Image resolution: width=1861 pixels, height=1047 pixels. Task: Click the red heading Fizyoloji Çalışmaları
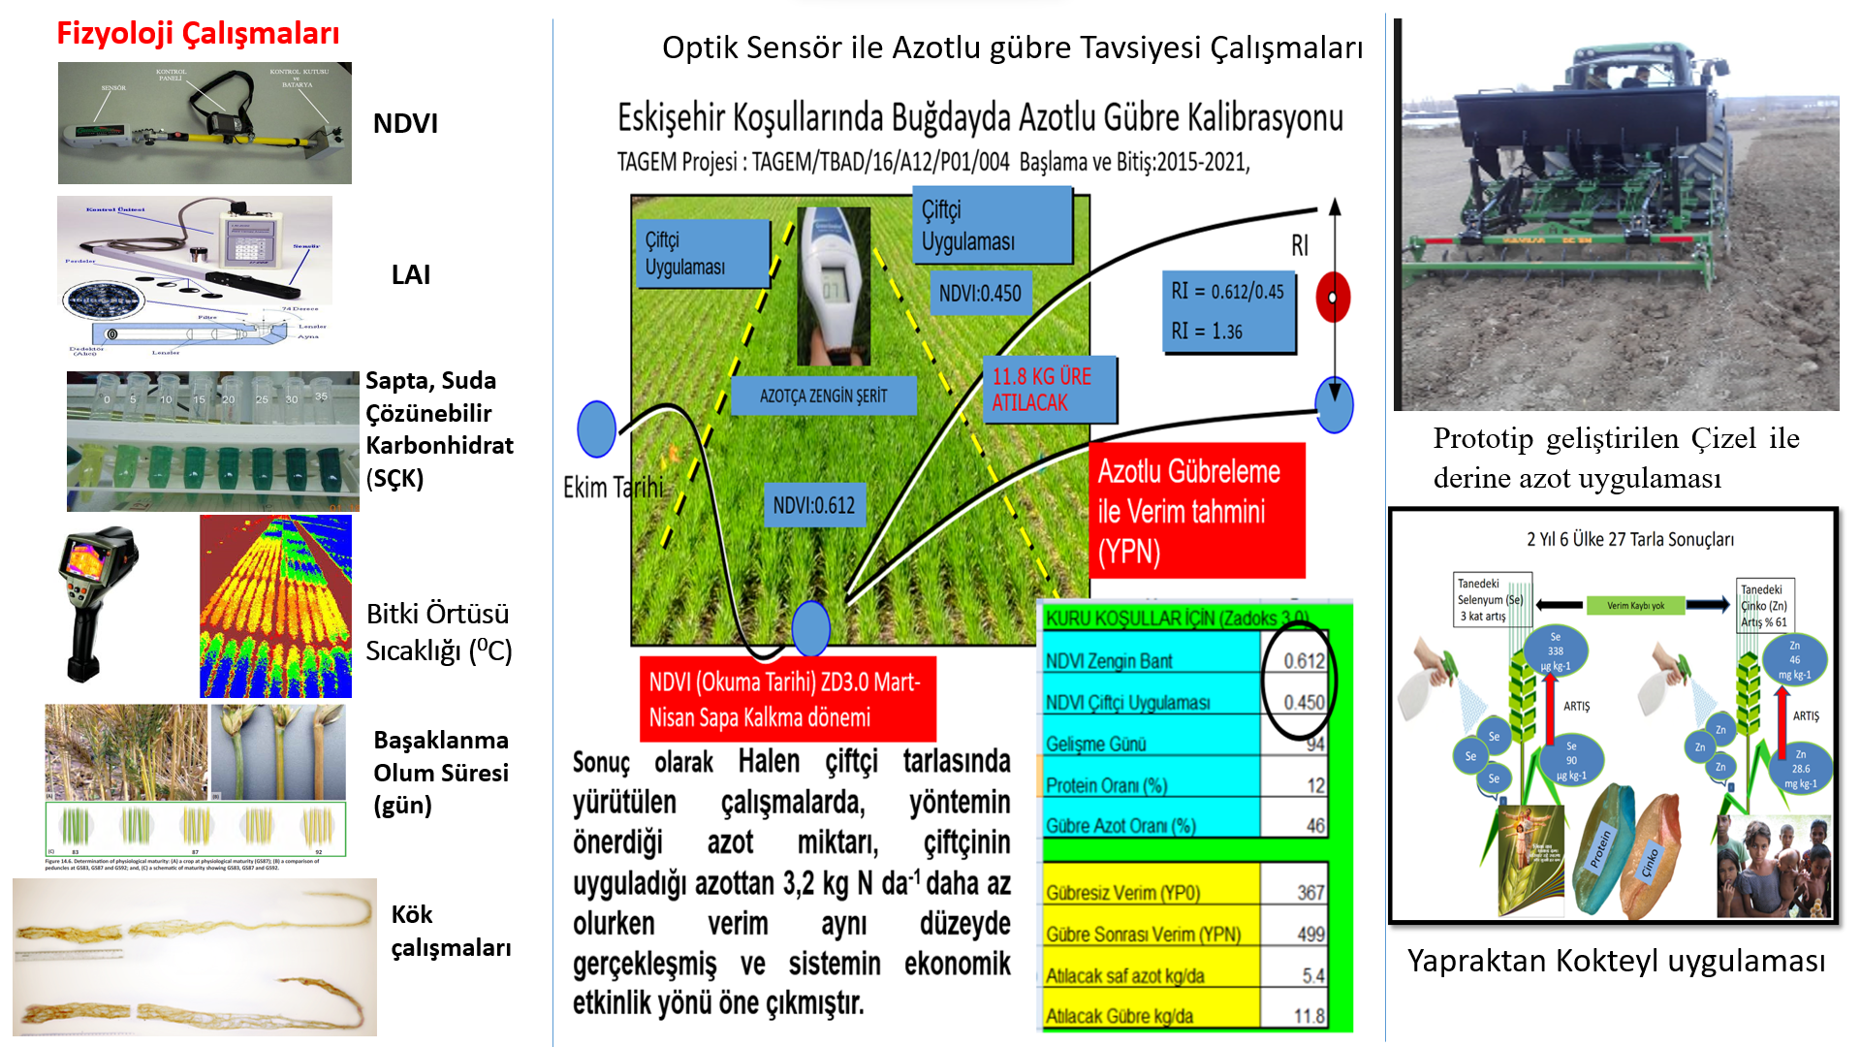coord(198,33)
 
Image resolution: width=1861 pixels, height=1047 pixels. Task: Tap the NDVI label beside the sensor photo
coord(405,123)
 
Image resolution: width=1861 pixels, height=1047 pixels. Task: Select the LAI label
coord(411,274)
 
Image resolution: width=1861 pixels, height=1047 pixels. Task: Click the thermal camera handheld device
coord(97,601)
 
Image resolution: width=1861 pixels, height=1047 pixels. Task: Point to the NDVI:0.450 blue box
coord(980,293)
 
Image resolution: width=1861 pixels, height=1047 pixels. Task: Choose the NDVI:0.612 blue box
coord(813,505)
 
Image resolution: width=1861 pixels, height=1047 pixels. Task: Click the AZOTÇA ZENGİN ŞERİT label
coord(823,396)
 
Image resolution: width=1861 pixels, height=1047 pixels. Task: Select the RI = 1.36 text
coord(1207,332)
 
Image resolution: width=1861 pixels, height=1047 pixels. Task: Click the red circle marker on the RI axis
coord(1333,298)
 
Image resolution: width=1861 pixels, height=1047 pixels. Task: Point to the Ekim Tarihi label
coord(614,487)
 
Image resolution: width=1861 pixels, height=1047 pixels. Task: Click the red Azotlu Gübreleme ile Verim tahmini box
coord(1196,511)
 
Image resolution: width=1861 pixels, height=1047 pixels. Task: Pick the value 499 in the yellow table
coord(1310,935)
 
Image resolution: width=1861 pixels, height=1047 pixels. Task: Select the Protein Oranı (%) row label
coord(1106,786)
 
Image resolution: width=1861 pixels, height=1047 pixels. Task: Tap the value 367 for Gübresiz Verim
coord(1310,893)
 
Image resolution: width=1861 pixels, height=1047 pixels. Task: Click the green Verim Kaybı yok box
coord(1635,606)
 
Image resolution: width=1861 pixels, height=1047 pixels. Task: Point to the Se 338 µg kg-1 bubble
coord(1556,651)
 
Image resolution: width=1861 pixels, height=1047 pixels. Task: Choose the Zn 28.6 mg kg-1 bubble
coord(1800,768)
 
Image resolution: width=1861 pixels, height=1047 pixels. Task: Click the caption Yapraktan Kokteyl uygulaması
coord(1616,961)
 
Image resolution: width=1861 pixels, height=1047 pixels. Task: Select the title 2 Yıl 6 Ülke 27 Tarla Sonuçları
coord(1630,539)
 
